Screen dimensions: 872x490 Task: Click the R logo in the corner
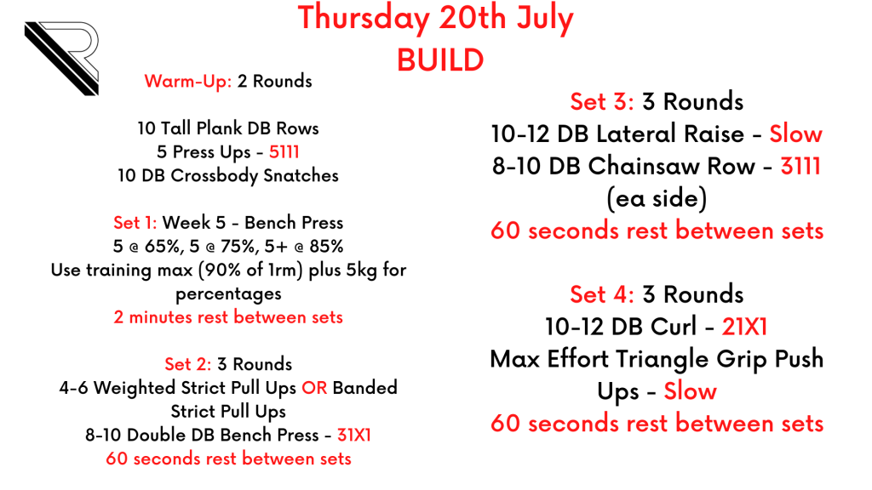point(61,59)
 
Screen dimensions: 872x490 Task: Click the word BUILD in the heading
point(440,60)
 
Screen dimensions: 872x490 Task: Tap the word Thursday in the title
point(364,18)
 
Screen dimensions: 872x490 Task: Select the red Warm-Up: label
point(188,81)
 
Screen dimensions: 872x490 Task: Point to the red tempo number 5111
point(284,151)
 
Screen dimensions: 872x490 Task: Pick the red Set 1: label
point(135,223)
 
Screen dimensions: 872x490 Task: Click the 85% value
point(326,246)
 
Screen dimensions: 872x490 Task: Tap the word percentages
point(228,294)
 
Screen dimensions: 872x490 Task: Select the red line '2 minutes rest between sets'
point(228,317)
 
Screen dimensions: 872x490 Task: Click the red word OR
point(314,388)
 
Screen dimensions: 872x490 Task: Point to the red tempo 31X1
point(354,435)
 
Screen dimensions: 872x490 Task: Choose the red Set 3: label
point(602,102)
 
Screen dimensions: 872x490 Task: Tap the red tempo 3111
point(800,166)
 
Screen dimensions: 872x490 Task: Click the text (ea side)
point(657,199)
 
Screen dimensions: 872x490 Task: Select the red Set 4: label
point(602,294)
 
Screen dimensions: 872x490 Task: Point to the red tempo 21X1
point(744,327)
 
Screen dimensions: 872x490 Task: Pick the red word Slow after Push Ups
point(690,391)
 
